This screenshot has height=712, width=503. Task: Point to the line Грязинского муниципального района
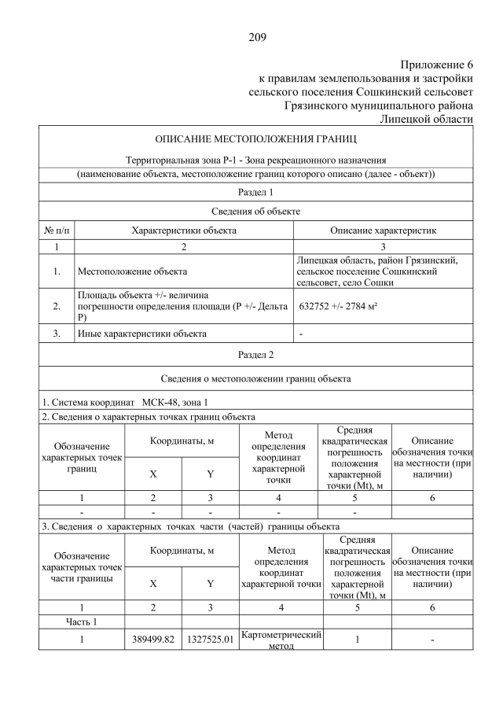coord(379,105)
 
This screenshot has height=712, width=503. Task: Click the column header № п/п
coord(56,231)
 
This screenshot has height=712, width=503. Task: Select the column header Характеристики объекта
coord(184,231)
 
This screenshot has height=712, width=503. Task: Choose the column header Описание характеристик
coord(383,231)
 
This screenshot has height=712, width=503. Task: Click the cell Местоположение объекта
coord(132,271)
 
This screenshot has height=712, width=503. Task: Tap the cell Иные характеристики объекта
coord(141,333)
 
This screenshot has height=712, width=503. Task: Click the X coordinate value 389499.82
coord(153,640)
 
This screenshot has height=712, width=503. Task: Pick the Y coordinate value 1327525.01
coord(210,640)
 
